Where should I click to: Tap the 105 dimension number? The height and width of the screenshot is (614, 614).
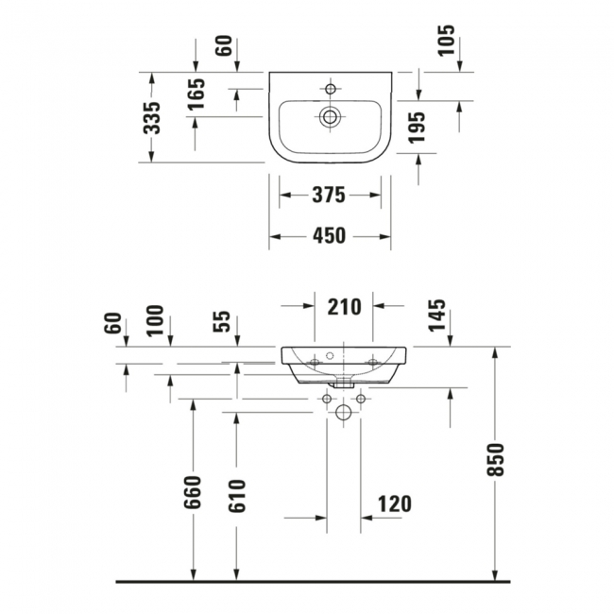[447, 42]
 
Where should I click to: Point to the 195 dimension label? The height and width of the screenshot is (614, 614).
[417, 128]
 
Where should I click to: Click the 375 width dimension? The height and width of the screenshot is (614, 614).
[329, 196]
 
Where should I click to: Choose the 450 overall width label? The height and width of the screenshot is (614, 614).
[329, 235]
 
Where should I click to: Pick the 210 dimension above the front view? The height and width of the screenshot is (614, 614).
[343, 306]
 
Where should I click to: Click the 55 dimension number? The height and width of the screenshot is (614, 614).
[222, 322]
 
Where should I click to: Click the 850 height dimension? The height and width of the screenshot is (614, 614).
[498, 460]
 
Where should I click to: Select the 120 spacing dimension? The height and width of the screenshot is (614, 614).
[394, 503]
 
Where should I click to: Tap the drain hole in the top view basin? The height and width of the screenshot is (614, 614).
[330, 117]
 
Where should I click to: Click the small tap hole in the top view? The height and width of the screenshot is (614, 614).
[330, 89]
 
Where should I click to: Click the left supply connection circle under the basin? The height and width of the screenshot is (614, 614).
[327, 399]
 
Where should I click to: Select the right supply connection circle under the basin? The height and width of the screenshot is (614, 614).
[361, 399]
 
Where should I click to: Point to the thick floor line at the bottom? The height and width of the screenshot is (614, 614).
[312, 582]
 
